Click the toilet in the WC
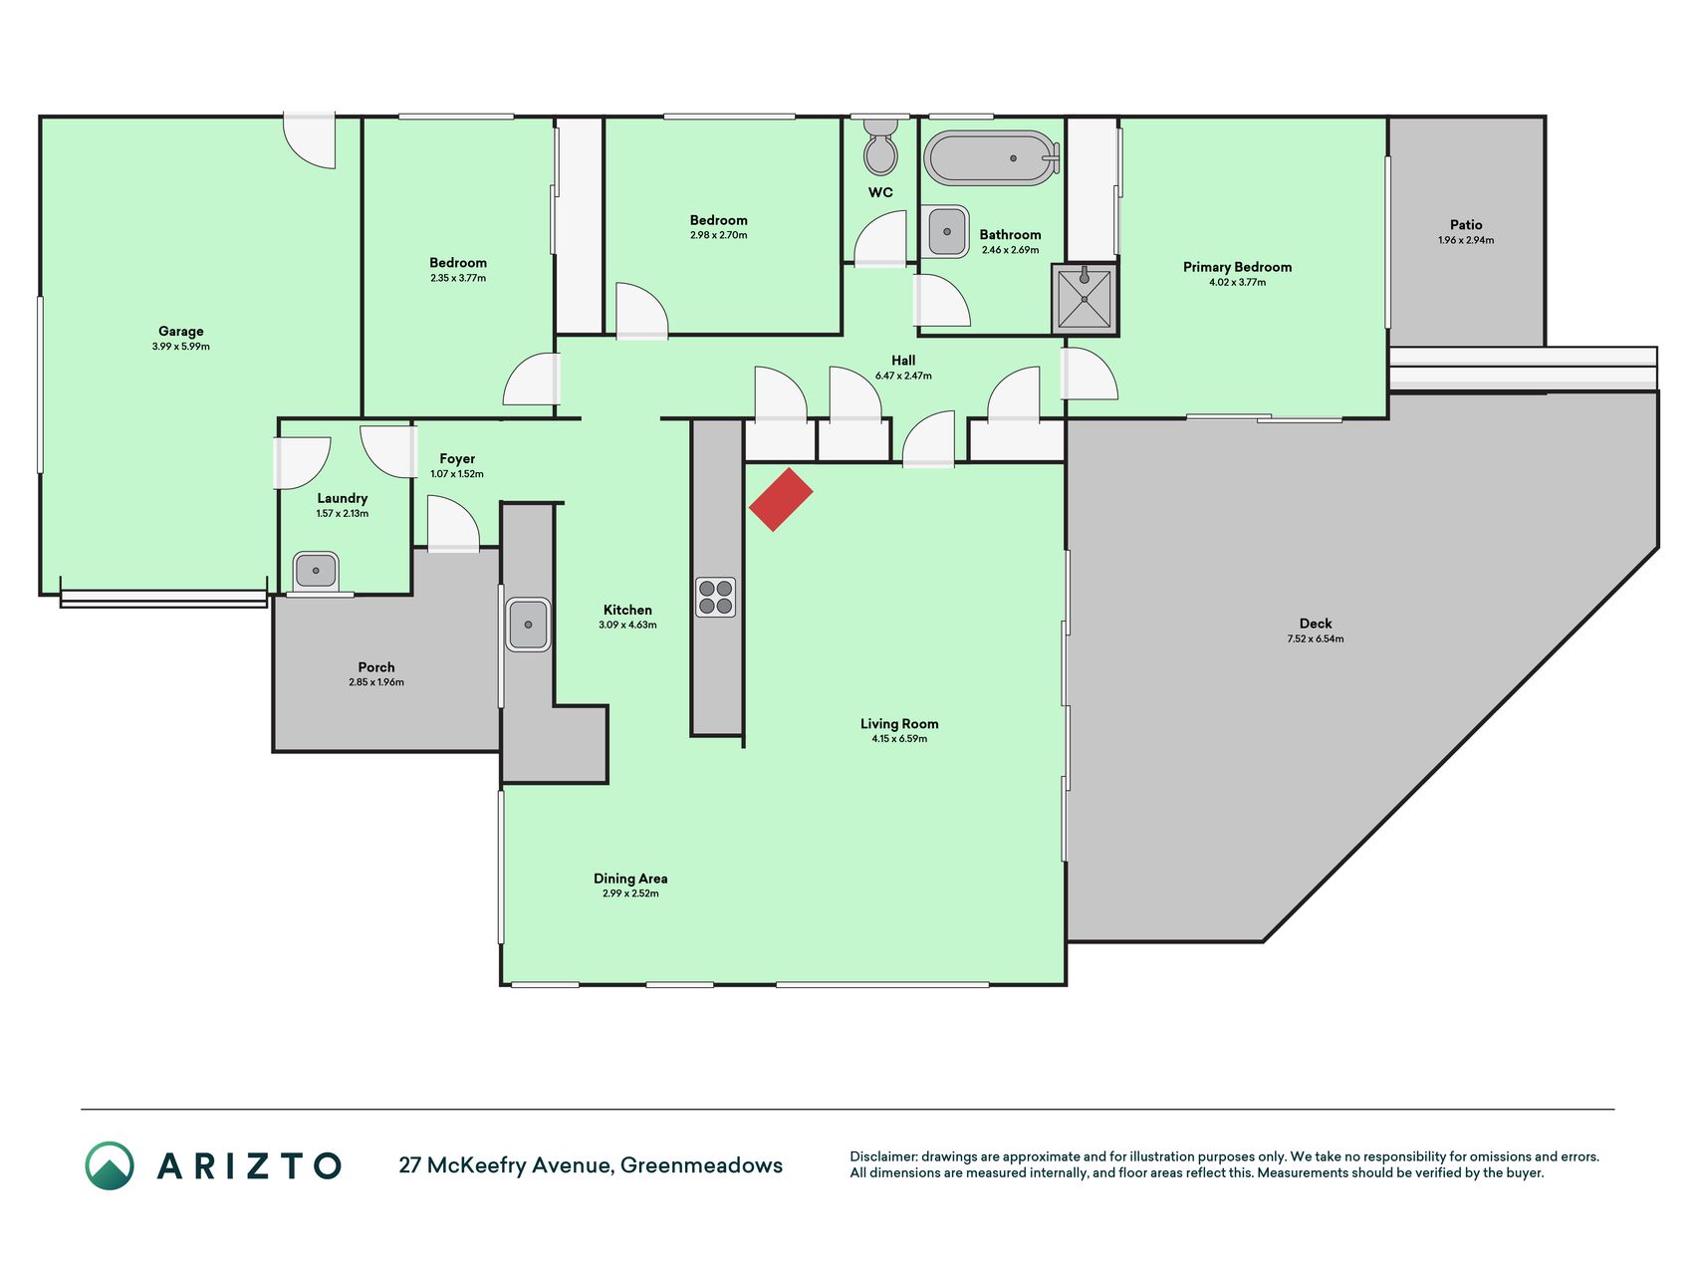pyautogui.click(x=880, y=146)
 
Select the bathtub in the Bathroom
pyautogui.click(x=992, y=157)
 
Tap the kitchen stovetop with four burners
pyautogui.click(x=715, y=597)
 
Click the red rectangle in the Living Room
pyautogui.click(x=781, y=499)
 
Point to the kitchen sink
pyautogui.click(x=528, y=625)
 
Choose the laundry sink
pyautogui.click(x=316, y=572)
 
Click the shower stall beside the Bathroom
pyautogui.click(x=1085, y=299)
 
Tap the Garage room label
pyautogui.click(x=180, y=331)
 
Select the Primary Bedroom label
pyautogui.click(x=1237, y=267)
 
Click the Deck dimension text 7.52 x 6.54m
pyautogui.click(x=1315, y=638)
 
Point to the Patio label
pyautogui.click(x=1466, y=225)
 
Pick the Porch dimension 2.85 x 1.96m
pyautogui.click(x=376, y=682)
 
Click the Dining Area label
pyautogui.click(x=630, y=879)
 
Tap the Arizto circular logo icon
pyautogui.click(x=110, y=1165)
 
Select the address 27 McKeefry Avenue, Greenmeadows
pyautogui.click(x=591, y=1165)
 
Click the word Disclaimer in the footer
pyautogui.click(x=882, y=1156)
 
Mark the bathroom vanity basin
pyautogui.click(x=945, y=232)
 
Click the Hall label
pyautogui.click(x=903, y=361)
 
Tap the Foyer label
pyautogui.click(x=457, y=459)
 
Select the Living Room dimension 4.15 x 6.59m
pyautogui.click(x=899, y=739)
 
